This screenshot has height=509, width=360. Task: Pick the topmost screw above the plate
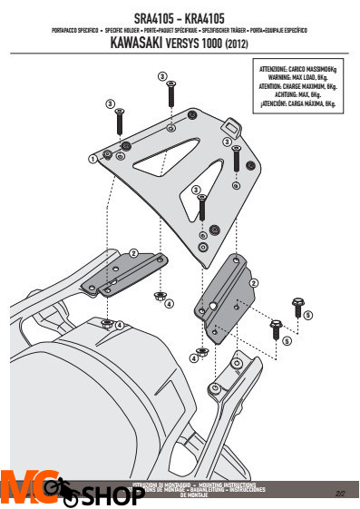[x=170, y=93]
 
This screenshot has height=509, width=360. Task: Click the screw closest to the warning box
[x=237, y=156]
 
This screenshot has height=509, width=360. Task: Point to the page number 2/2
[x=341, y=494]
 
